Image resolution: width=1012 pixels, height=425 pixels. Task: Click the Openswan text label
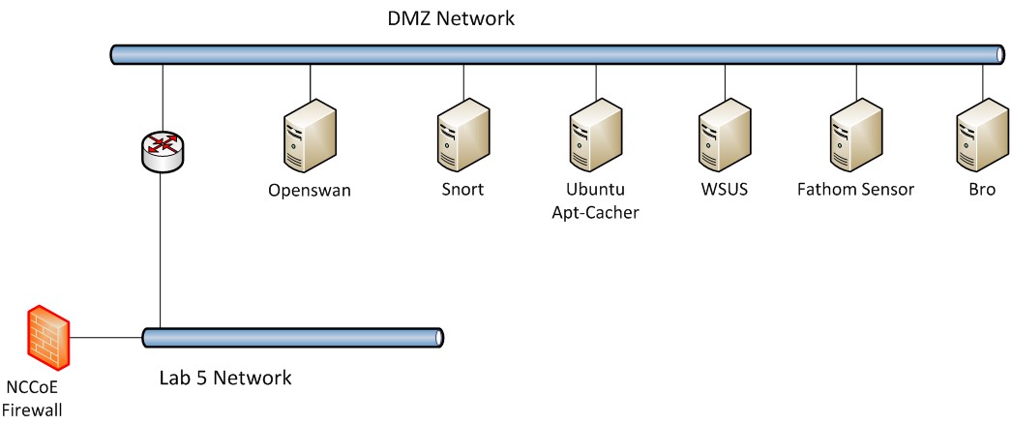(x=310, y=191)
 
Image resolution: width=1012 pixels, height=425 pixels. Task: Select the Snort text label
(x=462, y=190)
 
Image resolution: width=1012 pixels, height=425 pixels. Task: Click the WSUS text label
(x=725, y=190)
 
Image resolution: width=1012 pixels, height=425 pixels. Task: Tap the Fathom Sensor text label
(x=855, y=190)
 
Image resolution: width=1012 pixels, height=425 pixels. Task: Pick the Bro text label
(x=981, y=190)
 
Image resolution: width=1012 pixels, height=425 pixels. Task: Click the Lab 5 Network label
(x=224, y=377)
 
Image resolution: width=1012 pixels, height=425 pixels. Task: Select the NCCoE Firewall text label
(x=34, y=401)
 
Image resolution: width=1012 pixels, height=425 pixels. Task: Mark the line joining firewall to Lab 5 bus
(x=106, y=338)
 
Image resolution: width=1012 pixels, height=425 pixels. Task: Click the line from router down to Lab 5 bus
(x=161, y=252)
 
